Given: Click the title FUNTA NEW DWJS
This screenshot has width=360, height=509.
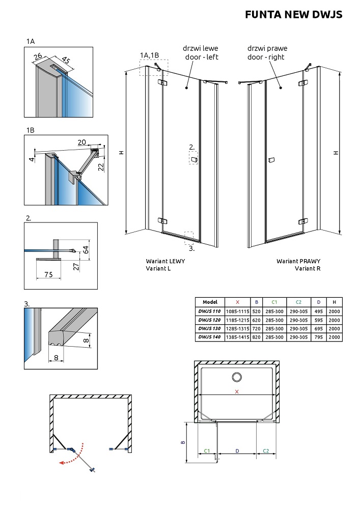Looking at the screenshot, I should [x=293, y=15].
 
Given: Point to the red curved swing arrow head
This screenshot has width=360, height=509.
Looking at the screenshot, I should [x=61, y=463].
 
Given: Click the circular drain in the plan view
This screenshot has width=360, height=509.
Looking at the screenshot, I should [x=237, y=377].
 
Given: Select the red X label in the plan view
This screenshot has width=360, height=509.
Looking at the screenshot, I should [x=237, y=391].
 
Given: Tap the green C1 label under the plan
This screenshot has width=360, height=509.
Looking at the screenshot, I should [x=207, y=451].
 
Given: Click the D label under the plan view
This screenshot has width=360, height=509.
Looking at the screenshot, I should [x=237, y=451].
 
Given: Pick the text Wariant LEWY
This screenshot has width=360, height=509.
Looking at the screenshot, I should [x=165, y=261].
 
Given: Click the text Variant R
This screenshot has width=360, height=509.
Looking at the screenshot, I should [x=308, y=268].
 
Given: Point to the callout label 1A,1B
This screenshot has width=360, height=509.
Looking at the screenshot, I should [x=149, y=55].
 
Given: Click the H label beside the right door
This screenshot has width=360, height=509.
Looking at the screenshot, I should [x=336, y=152].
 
